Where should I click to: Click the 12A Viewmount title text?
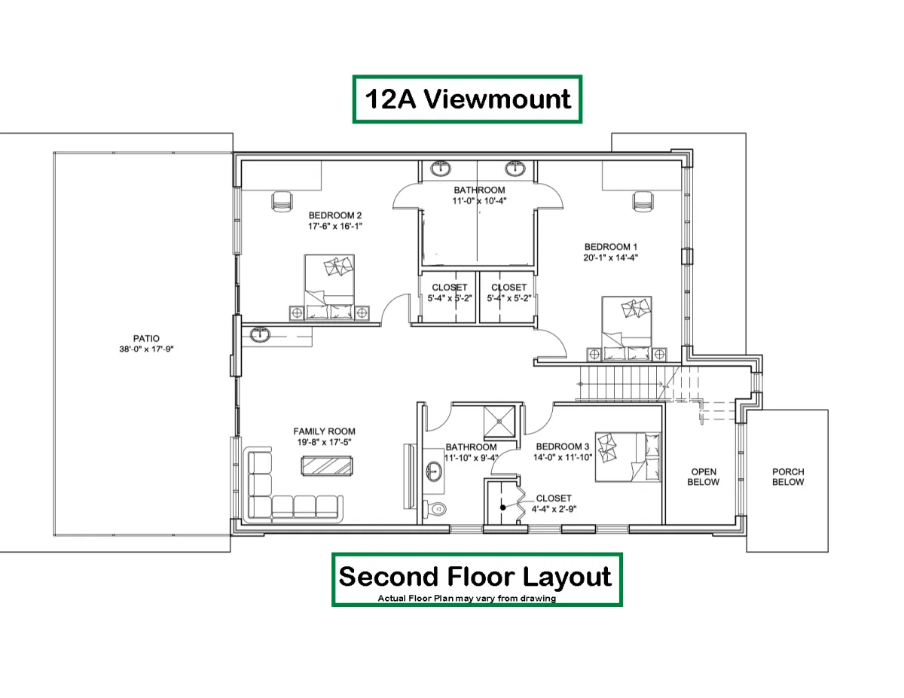467,99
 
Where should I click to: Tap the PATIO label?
146,338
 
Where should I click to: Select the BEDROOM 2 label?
335,215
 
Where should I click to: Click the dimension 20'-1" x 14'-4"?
610,258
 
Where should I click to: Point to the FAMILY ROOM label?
324,431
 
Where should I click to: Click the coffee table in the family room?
327,465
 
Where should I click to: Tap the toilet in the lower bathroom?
435,508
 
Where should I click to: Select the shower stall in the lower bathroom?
499,421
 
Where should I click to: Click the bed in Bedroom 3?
628,457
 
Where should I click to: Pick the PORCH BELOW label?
788,477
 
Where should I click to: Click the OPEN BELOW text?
704,477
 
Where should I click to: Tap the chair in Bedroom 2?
282,202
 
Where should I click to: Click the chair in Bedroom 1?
643,202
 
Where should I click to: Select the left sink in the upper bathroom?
441,169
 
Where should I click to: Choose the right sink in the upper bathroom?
515,169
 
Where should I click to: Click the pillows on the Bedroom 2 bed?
338,266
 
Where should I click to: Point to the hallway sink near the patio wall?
261,334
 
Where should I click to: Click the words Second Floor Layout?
475,577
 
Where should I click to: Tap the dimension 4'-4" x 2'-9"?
554,509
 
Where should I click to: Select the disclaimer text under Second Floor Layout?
467,598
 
